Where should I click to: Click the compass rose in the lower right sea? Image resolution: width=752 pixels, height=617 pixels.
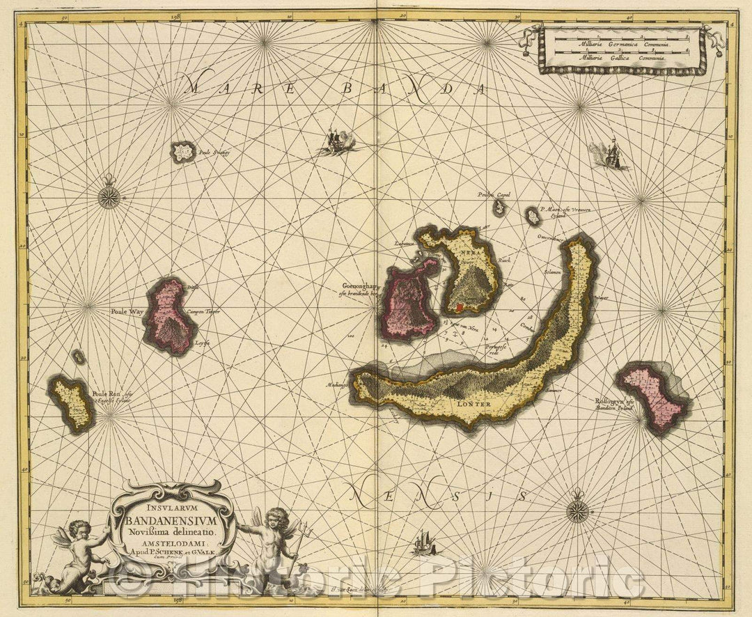point(577,512)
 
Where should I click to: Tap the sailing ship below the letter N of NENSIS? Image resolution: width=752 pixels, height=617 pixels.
point(421,542)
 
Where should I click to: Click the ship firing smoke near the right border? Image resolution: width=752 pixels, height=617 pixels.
point(613,155)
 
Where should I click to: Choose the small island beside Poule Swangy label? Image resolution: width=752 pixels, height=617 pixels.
point(184,151)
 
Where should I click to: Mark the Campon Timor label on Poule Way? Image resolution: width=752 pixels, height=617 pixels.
point(203,311)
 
